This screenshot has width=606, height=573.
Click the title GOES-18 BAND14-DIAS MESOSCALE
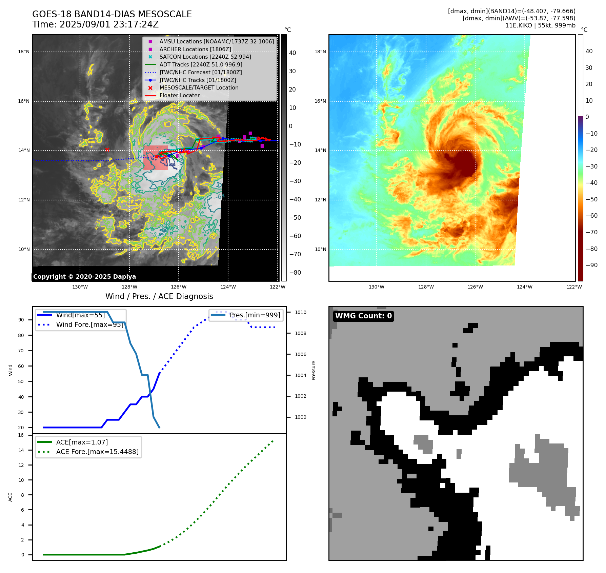[x=112, y=14]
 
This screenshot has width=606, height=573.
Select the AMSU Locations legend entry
[x=216, y=41]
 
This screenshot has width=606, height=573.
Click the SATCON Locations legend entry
[x=205, y=57]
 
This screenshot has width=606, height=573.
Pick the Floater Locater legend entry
[x=179, y=95]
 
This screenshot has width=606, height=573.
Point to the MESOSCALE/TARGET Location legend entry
[x=199, y=87]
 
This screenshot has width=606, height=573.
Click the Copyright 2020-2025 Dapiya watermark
[x=84, y=277]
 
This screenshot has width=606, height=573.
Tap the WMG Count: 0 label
[x=363, y=316]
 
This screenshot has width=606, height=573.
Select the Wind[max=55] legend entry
[x=80, y=315]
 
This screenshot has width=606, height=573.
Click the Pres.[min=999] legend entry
[x=255, y=315]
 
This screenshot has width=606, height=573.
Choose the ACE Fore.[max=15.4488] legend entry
[x=97, y=452]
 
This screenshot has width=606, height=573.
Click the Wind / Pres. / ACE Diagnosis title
[x=159, y=296]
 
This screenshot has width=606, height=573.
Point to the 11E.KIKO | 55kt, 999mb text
[x=540, y=25]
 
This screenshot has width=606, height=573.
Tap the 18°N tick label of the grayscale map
[x=24, y=52]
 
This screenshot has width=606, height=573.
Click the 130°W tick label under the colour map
[x=377, y=287]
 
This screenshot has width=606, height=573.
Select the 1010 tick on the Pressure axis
[x=300, y=312]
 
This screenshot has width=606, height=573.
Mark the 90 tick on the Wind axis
[x=21, y=320]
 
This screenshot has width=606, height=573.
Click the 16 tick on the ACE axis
[x=21, y=435]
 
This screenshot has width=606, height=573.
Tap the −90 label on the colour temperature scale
[x=591, y=265]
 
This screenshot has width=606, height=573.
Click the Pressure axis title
[x=314, y=370]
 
